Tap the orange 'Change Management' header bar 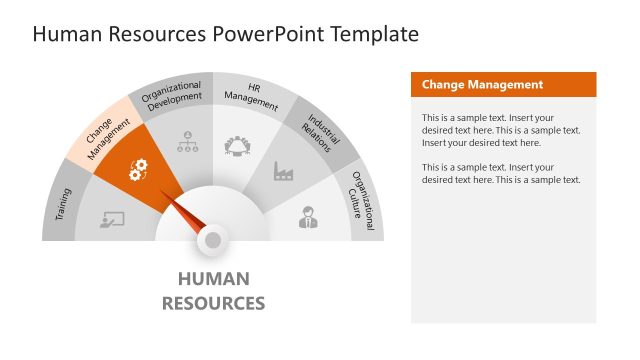click(503, 85)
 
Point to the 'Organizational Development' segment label click(172, 98)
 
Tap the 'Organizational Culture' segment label click(362, 203)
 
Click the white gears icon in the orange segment click(139, 169)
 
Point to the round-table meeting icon click(238, 146)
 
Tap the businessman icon click(308, 216)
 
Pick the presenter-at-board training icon click(112, 219)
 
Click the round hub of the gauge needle click(213, 239)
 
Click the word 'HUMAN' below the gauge click(213, 279)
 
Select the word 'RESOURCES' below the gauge click(213, 302)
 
